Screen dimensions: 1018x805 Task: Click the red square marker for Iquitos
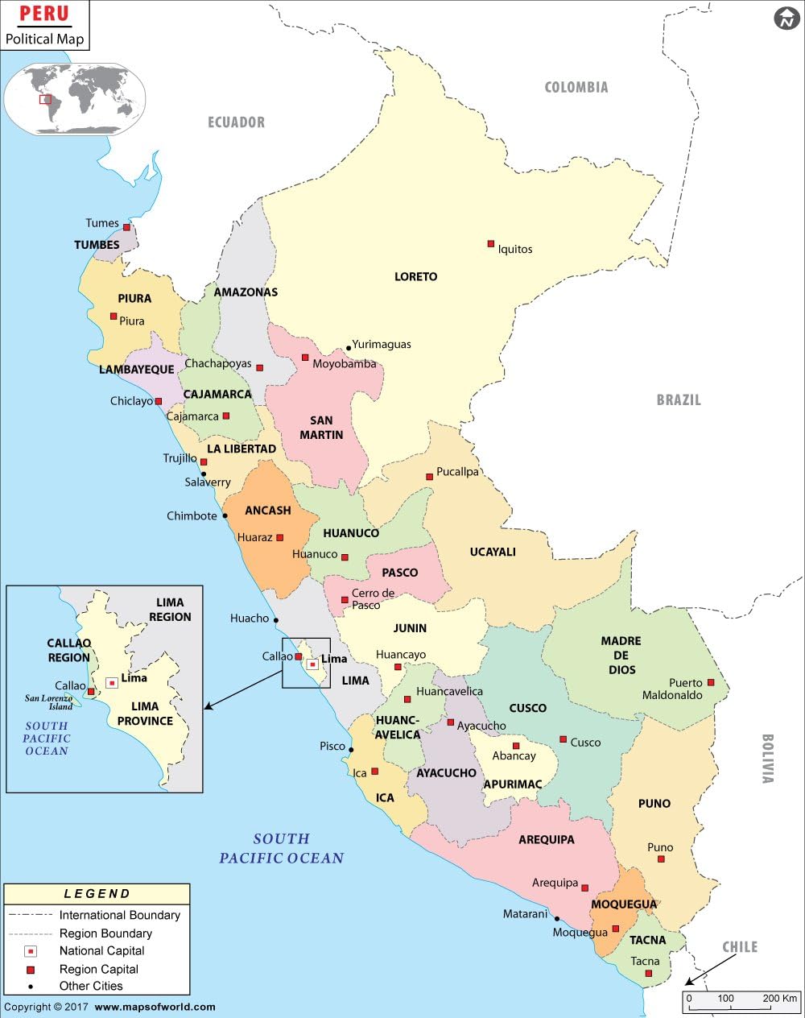[x=490, y=243]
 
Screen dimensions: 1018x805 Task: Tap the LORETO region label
[x=415, y=276]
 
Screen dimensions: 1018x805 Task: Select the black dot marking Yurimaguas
[x=349, y=349]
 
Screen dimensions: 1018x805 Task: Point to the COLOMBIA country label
[x=576, y=87]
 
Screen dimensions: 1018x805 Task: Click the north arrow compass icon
[x=786, y=18]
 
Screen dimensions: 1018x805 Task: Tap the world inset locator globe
[x=75, y=99]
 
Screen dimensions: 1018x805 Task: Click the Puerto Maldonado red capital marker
[x=711, y=682]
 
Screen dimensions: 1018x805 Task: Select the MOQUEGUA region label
[x=624, y=904]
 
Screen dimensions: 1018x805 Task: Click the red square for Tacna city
[x=649, y=974]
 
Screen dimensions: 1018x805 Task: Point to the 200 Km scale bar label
[x=778, y=998]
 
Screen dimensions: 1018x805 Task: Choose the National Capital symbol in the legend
[x=31, y=951]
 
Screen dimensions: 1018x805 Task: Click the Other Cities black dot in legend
[x=31, y=987]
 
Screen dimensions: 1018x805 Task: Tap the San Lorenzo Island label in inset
[x=48, y=702]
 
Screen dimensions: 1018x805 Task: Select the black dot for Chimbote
[x=225, y=515]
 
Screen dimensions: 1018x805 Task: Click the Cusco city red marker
[x=563, y=739]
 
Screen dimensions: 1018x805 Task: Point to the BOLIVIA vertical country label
[x=766, y=758]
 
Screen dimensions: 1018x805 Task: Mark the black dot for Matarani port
[x=556, y=918]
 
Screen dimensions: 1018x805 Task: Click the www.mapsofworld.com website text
[x=155, y=1007]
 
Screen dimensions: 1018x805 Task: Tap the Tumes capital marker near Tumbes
[x=126, y=227]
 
